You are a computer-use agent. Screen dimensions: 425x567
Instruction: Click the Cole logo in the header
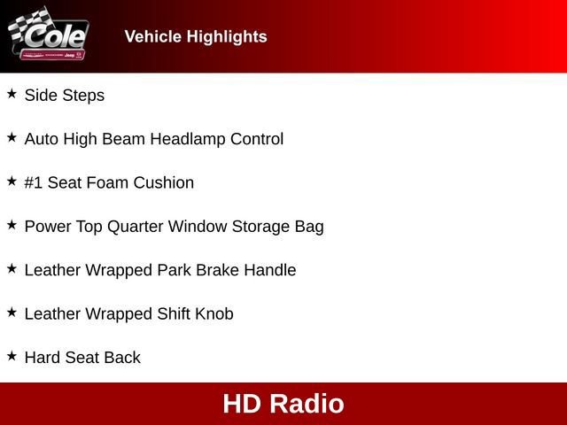pos(49,35)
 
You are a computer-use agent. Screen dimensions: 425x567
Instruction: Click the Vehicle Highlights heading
pos(195,36)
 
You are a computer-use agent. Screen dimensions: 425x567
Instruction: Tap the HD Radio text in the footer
pos(283,404)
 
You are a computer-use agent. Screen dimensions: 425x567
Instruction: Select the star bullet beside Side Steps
pos(12,94)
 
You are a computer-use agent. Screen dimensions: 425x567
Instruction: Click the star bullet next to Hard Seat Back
pos(12,356)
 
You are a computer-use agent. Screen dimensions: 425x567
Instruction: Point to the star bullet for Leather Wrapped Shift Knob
pos(12,313)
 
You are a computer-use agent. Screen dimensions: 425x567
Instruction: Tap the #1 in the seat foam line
pos(34,182)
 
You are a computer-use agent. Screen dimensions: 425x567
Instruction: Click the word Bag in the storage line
pos(309,226)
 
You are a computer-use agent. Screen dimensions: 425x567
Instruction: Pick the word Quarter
pos(135,226)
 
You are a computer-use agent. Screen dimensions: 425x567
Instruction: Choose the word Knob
pos(214,313)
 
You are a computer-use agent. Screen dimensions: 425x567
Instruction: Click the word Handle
pos(269,270)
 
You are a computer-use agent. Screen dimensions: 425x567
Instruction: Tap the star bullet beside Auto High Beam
pos(12,138)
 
